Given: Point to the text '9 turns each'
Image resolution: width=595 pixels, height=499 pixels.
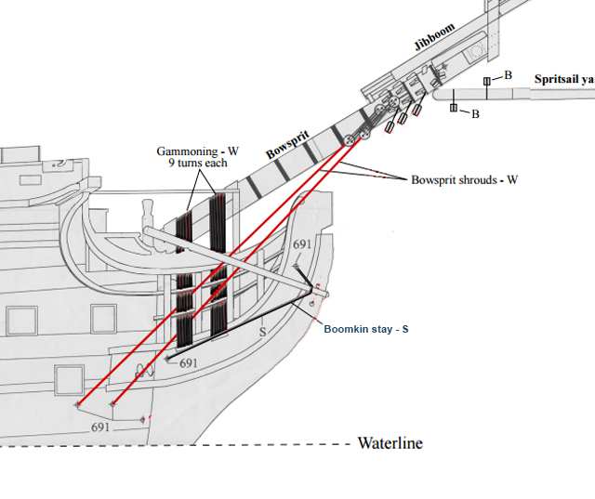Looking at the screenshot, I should tap(192, 164).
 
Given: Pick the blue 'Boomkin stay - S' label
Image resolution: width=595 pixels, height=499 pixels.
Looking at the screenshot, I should tap(366, 329).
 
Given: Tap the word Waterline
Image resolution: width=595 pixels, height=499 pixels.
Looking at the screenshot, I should tap(390, 443).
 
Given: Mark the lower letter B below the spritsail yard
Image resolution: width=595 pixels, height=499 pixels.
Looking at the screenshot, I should tap(475, 114).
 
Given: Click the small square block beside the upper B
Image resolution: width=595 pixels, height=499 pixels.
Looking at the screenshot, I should tap(486, 82).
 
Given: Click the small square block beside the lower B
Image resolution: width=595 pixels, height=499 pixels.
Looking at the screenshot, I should tap(454, 110).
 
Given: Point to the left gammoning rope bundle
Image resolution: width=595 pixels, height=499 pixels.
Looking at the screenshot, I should tap(183, 269).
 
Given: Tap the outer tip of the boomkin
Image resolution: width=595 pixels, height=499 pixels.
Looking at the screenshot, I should tap(320, 295).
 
